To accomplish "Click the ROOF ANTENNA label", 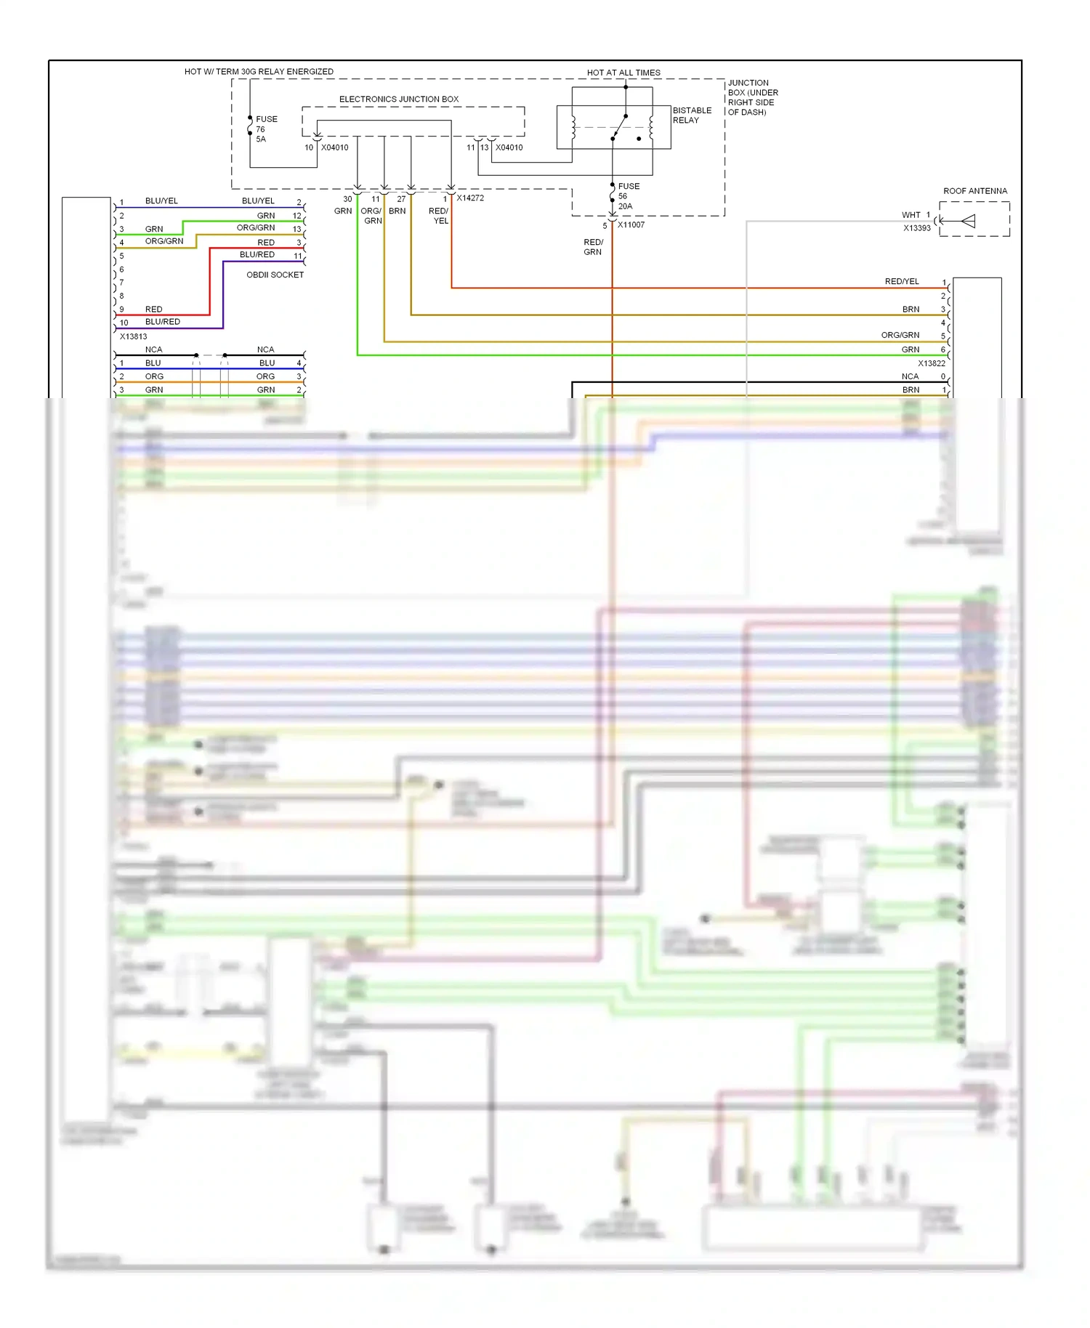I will click(974, 191).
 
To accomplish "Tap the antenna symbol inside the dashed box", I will click(967, 221).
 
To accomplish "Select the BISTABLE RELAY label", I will click(691, 115).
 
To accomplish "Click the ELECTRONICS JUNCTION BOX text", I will click(398, 99).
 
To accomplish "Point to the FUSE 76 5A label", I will click(265, 129).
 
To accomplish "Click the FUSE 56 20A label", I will click(628, 196).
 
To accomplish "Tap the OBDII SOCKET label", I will click(275, 275).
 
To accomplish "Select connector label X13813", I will click(133, 336).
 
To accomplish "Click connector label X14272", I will click(470, 198).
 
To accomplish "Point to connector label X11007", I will click(631, 225).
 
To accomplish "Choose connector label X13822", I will click(931, 363).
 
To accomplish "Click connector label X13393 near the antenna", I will click(916, 228).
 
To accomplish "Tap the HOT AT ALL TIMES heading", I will click(623, 73).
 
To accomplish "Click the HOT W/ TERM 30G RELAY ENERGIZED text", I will click(259, 71).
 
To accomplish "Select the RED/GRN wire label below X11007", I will click(593, 247).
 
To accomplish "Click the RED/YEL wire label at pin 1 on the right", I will click(901, 281).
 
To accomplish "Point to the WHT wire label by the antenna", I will click(911, 215).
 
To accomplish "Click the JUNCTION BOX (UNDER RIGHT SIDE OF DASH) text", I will click(752, 97).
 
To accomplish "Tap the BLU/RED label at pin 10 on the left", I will click(162, 322).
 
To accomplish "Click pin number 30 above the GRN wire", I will click(347, 199).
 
